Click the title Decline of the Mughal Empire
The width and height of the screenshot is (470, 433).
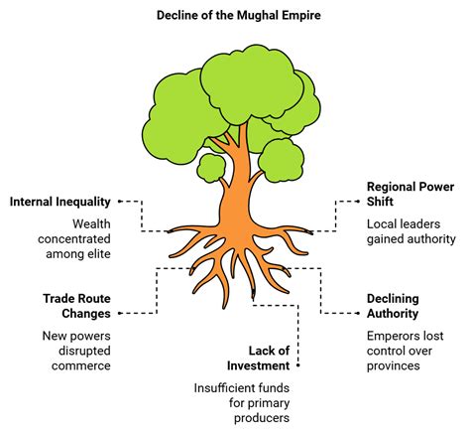tap(235, 14)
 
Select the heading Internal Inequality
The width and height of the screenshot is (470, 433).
tap(60, 202)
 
